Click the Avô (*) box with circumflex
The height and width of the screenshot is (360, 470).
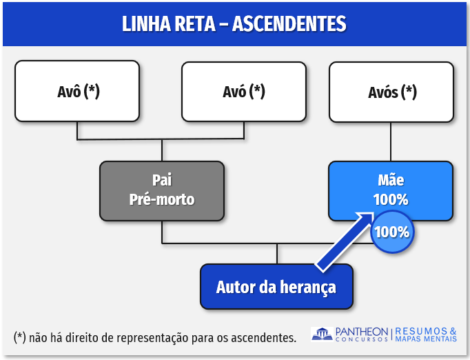pyautogui.click(x=78, y=91)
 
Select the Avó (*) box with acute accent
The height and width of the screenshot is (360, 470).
pyautogui.click(x=243, y=91)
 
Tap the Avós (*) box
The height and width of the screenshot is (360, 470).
pyautogui.click(x=391, y=91)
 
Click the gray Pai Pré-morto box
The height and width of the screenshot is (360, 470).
pyautogui.click(x=162, y=190)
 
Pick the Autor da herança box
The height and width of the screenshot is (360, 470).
pyautogui.click(x=276, y=286)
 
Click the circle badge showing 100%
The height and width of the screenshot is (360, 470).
pyautogui.click(x=392, y=232)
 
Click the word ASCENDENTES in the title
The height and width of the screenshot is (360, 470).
pyautogui.click(x=289, y=24)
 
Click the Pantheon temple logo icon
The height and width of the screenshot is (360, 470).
pyautogui.click(x=322, y=334)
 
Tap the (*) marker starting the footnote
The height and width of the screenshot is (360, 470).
pyautogui.click(x=19, y=337)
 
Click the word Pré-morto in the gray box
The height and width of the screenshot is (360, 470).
pyautogui.click(x=162, y=200)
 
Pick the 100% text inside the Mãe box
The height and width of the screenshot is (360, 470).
pyautogui.click(x=391, y=200)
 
